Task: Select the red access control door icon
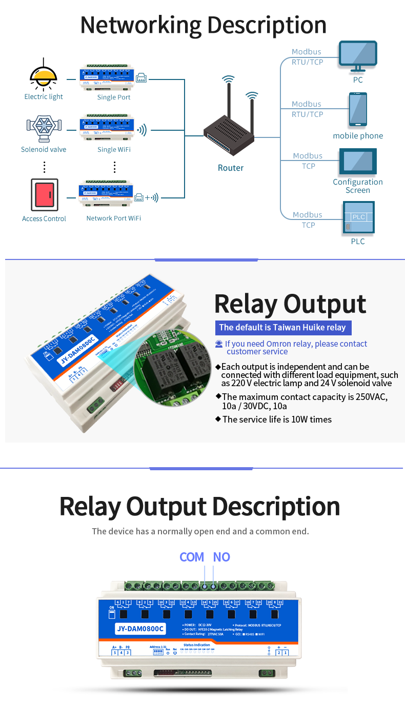click(45, 194)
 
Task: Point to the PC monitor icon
click(358, 56)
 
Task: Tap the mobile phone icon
click(358, 109)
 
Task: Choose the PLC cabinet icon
click(358, 218)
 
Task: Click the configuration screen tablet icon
click(358, 162)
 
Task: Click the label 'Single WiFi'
click(114, 149)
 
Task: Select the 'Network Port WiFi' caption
click(113, 218)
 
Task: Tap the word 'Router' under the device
click(231, 168)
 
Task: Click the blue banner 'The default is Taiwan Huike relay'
click(282, 327)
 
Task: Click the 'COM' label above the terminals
click(192, 557)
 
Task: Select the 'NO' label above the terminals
click(221, 557)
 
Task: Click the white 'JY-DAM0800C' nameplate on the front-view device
click(140, 629)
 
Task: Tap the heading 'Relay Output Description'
click(200, 506)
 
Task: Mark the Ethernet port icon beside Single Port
click(141, 78)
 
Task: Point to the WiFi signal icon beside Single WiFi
click(141, 130)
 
